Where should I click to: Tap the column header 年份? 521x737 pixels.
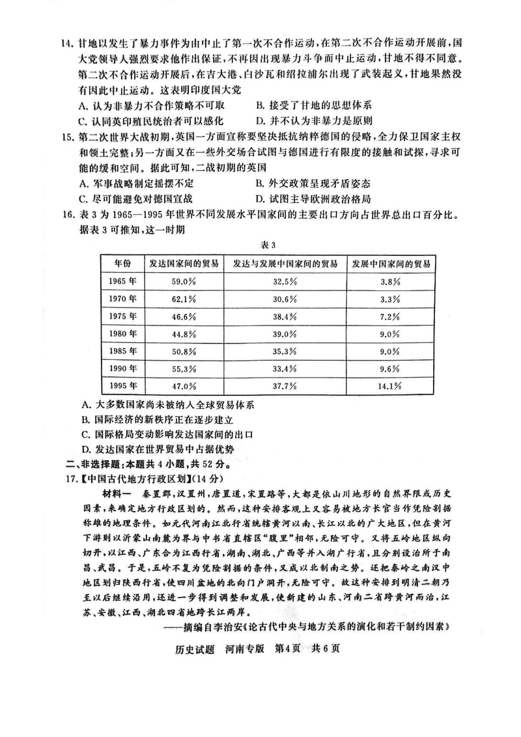click(122, 264)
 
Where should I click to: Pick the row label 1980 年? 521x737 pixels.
click(122, 334)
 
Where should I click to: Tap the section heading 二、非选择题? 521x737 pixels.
click(89, 464)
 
